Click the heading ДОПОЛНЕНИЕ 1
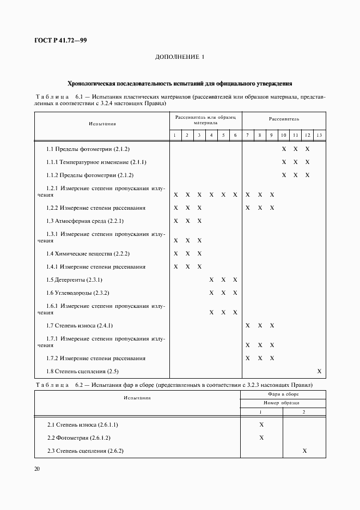(180, 57)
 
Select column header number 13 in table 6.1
(319, 135)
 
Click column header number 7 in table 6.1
(247, 135)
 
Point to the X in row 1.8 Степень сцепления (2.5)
(319, 372)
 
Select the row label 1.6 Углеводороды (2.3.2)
(78, 293)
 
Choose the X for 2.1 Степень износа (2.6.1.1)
(261, 424)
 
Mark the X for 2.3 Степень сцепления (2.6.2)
(304, 451)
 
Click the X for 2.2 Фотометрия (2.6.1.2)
(261, 438)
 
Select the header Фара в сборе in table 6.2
(283, 393)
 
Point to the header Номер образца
(283, 403)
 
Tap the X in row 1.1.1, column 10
(284, 162)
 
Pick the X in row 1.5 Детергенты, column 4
(211, 280)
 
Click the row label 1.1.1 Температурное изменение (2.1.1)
(96, 162)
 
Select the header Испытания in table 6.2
(137, 398)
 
